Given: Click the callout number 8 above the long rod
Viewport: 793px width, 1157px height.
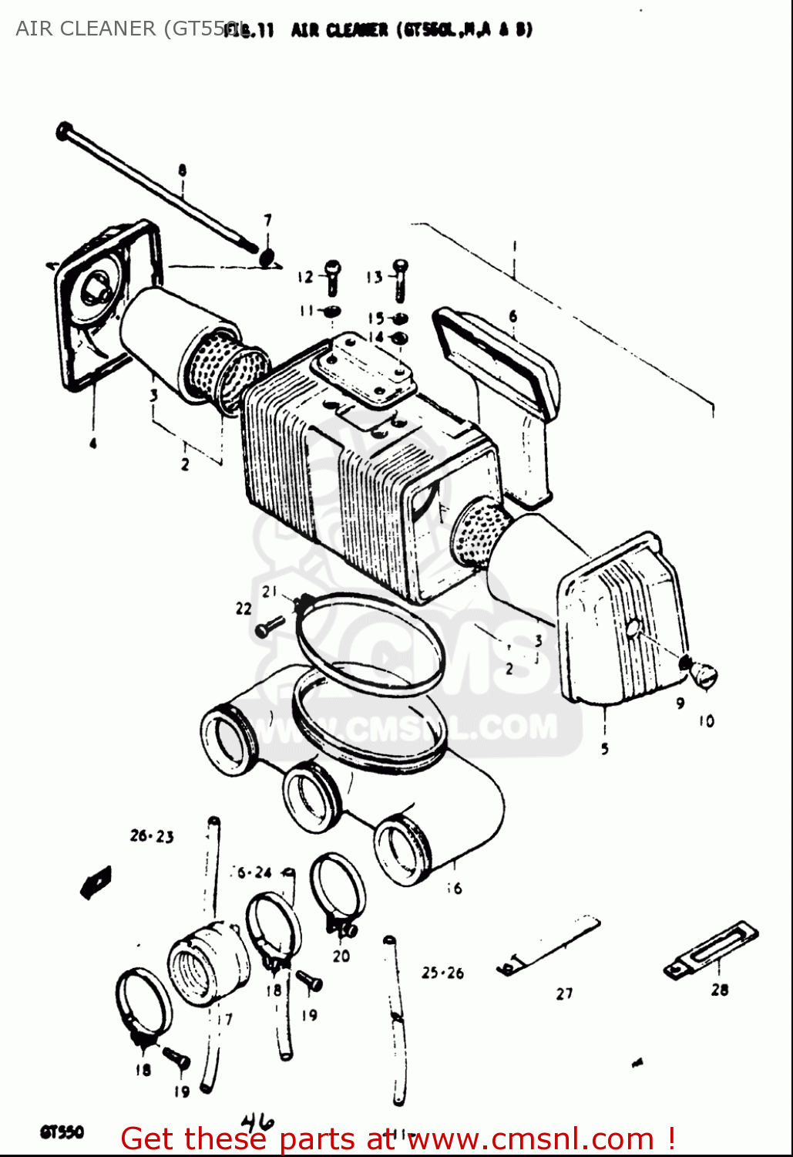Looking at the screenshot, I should (x=182, y=170).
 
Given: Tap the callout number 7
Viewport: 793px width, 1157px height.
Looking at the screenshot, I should (x=267, y=221).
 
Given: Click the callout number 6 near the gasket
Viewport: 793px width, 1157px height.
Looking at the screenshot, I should (x=512, y=316).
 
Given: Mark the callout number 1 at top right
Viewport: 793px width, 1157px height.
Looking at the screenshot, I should (x=514, y=248).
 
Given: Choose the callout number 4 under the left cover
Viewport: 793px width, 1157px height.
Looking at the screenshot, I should (x=92, y=443).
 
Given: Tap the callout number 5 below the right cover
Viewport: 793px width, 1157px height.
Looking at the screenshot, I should (x=605, y=747).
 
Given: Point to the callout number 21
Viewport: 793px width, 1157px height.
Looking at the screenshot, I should (x=269, y=592).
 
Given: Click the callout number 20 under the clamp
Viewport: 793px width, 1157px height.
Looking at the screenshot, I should (x=341, y=956).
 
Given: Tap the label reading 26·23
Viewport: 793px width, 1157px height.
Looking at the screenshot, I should (x=152, y=836).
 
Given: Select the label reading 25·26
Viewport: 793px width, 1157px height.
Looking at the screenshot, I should (x=442, y=973).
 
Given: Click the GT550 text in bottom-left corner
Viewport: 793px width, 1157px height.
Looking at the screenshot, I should (x=62, y=1132).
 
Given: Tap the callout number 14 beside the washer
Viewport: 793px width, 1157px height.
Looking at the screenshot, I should (x=375, y=337).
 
